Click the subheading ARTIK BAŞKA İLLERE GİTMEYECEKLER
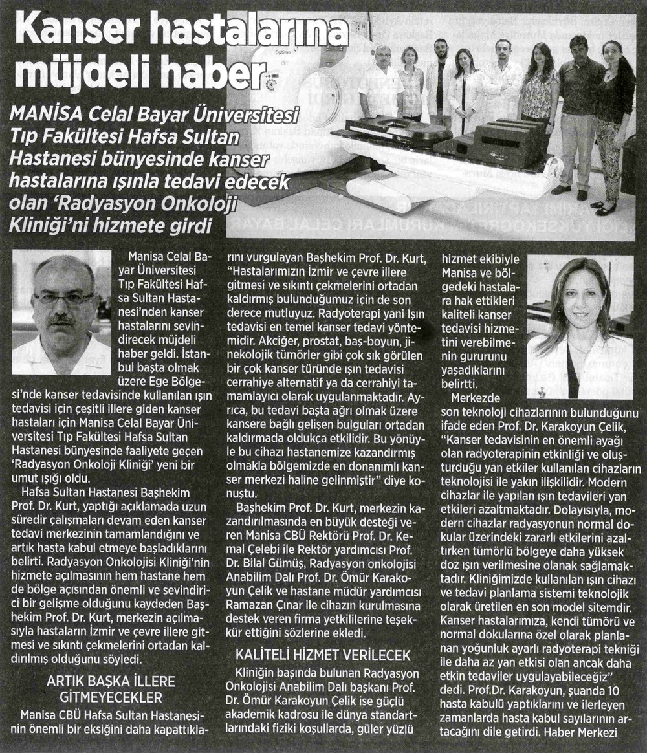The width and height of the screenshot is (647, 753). [103, 690]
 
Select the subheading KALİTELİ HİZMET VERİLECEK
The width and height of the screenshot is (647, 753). [323, 655]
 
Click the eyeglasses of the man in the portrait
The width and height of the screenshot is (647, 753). [63, 299]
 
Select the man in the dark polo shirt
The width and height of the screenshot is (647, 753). [580, 110]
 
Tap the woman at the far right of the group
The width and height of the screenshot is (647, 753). [611, 123]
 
